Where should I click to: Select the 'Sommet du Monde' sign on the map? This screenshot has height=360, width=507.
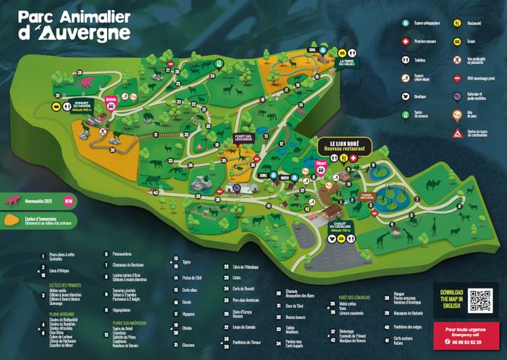[x=81, y=106]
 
